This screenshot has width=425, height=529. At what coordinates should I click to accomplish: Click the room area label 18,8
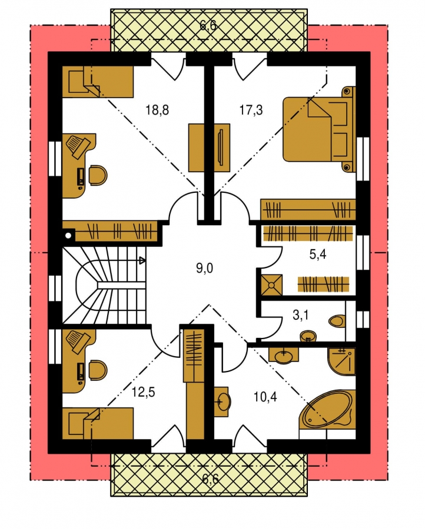tap(157, 110)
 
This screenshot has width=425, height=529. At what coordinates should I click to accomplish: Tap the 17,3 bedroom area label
tap(251, 110)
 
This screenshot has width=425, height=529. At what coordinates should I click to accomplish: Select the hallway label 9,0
tap(204, 269)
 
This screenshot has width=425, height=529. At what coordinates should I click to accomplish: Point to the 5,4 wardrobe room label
tap(317, 255)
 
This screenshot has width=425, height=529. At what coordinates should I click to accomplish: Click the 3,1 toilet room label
tap(300, 316)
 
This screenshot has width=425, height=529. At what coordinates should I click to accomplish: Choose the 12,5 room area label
tap(143, 393)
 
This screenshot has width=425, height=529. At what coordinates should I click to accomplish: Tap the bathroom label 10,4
tap(265, 397)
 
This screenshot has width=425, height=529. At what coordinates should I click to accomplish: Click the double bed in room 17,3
tap(319, 129)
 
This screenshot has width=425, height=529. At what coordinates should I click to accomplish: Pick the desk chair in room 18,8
tap(98, 175)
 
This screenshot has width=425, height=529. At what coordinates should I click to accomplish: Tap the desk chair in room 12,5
tap(98, 370)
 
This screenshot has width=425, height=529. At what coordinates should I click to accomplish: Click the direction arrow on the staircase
tap(142, 260)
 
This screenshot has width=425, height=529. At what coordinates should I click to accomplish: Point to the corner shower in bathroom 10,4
tap(341, 361)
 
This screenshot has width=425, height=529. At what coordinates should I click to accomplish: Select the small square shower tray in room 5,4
tap(271, 285)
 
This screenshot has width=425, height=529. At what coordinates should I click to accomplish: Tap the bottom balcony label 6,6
tap(210, 478)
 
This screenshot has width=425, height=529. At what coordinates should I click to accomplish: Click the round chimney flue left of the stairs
tap(69, 236)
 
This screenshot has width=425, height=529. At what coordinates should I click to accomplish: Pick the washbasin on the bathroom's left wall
tap(223, 400)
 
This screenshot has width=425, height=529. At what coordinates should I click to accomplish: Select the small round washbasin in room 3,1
tap(308, 336)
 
